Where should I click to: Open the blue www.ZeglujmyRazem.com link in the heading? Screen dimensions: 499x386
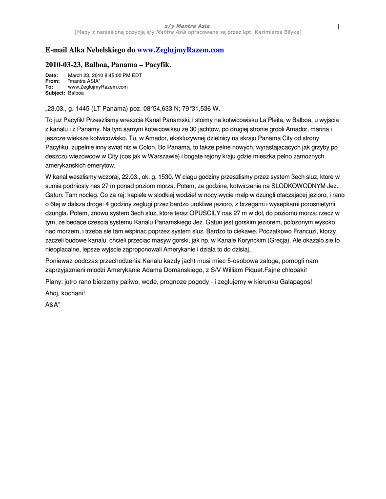181,50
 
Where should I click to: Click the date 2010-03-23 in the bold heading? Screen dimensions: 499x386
63,64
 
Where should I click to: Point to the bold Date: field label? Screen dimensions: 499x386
52,76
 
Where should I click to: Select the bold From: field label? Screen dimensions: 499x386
52,81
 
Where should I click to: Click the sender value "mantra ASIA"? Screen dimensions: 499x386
84,81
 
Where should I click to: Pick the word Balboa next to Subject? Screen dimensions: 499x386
76,93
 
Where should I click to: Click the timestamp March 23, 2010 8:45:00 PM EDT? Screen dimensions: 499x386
105,76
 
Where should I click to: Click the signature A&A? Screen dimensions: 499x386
52,305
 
